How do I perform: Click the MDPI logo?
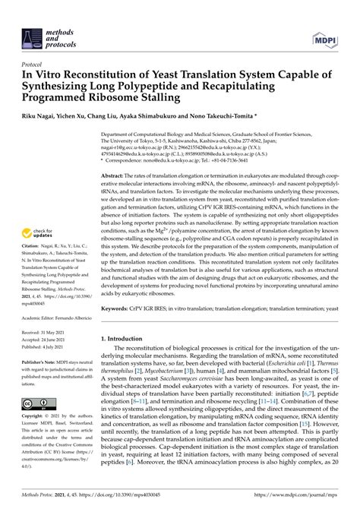tap(325, 20)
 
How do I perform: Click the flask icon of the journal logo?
tap(32, 20)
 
